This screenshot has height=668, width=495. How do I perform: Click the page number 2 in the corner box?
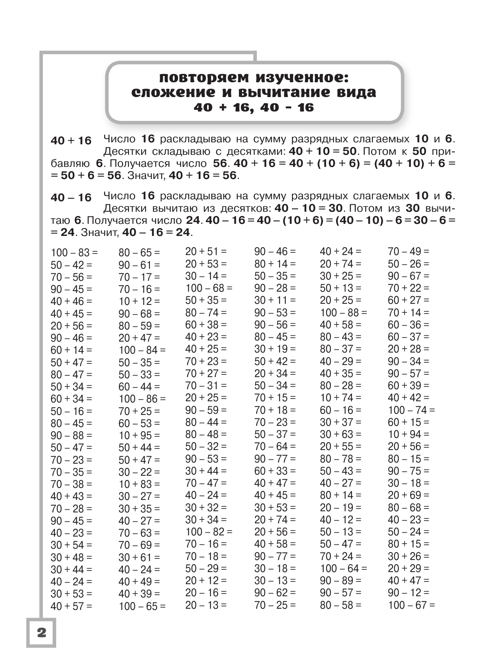(41, 632)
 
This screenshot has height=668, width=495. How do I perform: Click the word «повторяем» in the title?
(204, 77)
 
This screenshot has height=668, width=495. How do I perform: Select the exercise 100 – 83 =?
(74, 253)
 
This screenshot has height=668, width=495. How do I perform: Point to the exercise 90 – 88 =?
(71, 435)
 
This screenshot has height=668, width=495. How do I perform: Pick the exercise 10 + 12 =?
(139, 301)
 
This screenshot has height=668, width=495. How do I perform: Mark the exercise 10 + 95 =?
(139, 435)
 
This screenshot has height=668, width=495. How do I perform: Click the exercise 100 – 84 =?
(142, 350)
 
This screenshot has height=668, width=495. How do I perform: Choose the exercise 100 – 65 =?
(142, 606)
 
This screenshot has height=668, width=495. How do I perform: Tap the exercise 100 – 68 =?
(209, 288)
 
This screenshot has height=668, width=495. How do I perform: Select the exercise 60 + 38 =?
(206, 325)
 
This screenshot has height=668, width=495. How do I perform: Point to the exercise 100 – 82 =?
(209, 532)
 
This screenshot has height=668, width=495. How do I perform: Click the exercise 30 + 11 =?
(275, 300)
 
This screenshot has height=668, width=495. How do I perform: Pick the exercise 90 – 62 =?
(275, 593)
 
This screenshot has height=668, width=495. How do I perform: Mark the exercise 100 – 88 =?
(343, 312)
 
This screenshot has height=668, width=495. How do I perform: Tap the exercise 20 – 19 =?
(341, 507)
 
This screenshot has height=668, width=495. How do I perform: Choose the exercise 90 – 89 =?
(341, 581)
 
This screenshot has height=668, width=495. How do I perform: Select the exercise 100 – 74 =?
(411, 410)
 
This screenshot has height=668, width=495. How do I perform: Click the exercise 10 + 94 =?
(408, 434)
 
